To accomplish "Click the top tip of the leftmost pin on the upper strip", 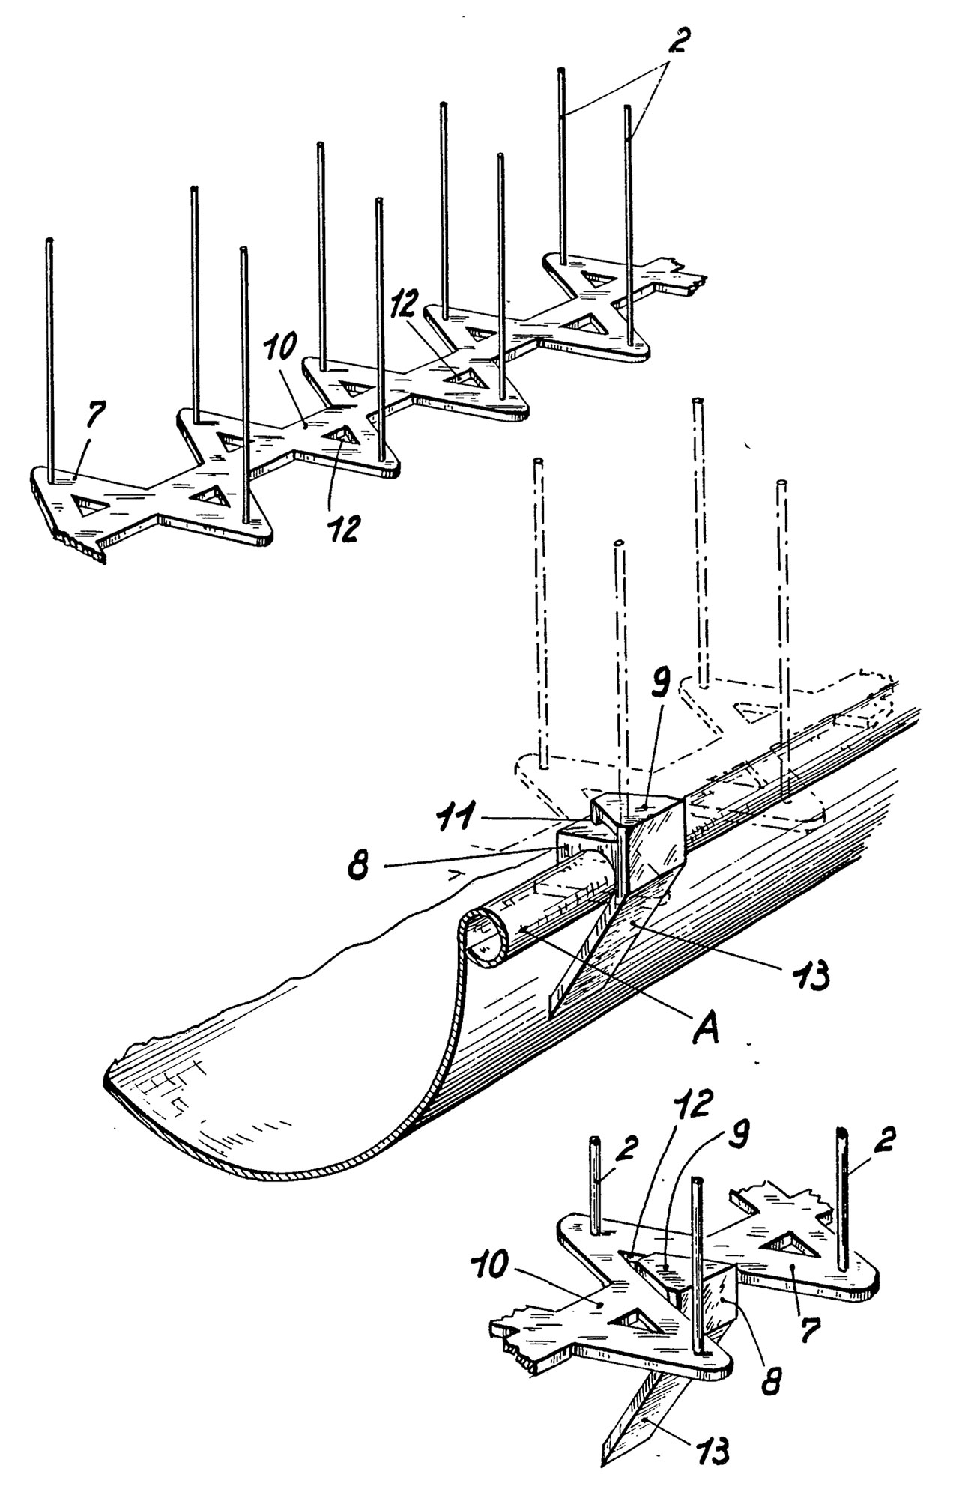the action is (49, 240).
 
